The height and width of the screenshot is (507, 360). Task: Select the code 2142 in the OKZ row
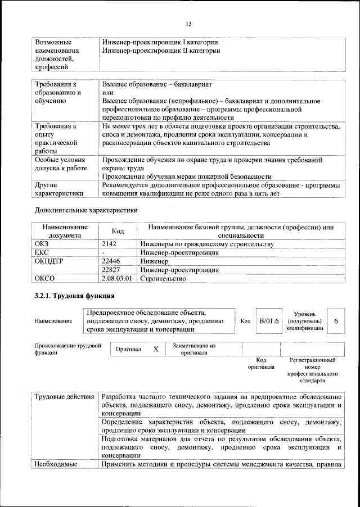[x=111, y=245]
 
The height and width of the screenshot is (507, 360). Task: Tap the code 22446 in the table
[x=112, y=261]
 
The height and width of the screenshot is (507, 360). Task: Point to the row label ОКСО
[x=45, y=278]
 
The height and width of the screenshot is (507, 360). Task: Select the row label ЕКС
[x=42, y=253]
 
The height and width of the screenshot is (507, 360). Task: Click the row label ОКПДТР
[x=49, y=261]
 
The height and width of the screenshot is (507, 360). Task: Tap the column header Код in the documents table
[x=118, y=231]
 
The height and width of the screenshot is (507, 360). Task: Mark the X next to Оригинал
[x=156, y=349]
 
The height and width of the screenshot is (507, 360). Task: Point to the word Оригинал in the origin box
[x=128, y=350]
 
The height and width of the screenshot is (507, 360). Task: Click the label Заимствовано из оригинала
[x=194, y=349]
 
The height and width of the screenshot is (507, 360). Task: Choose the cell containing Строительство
[x=164, y=278]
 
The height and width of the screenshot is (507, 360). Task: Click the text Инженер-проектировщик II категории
[x=161, y=51]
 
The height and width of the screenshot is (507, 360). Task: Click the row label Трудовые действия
[x=64, y=397]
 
